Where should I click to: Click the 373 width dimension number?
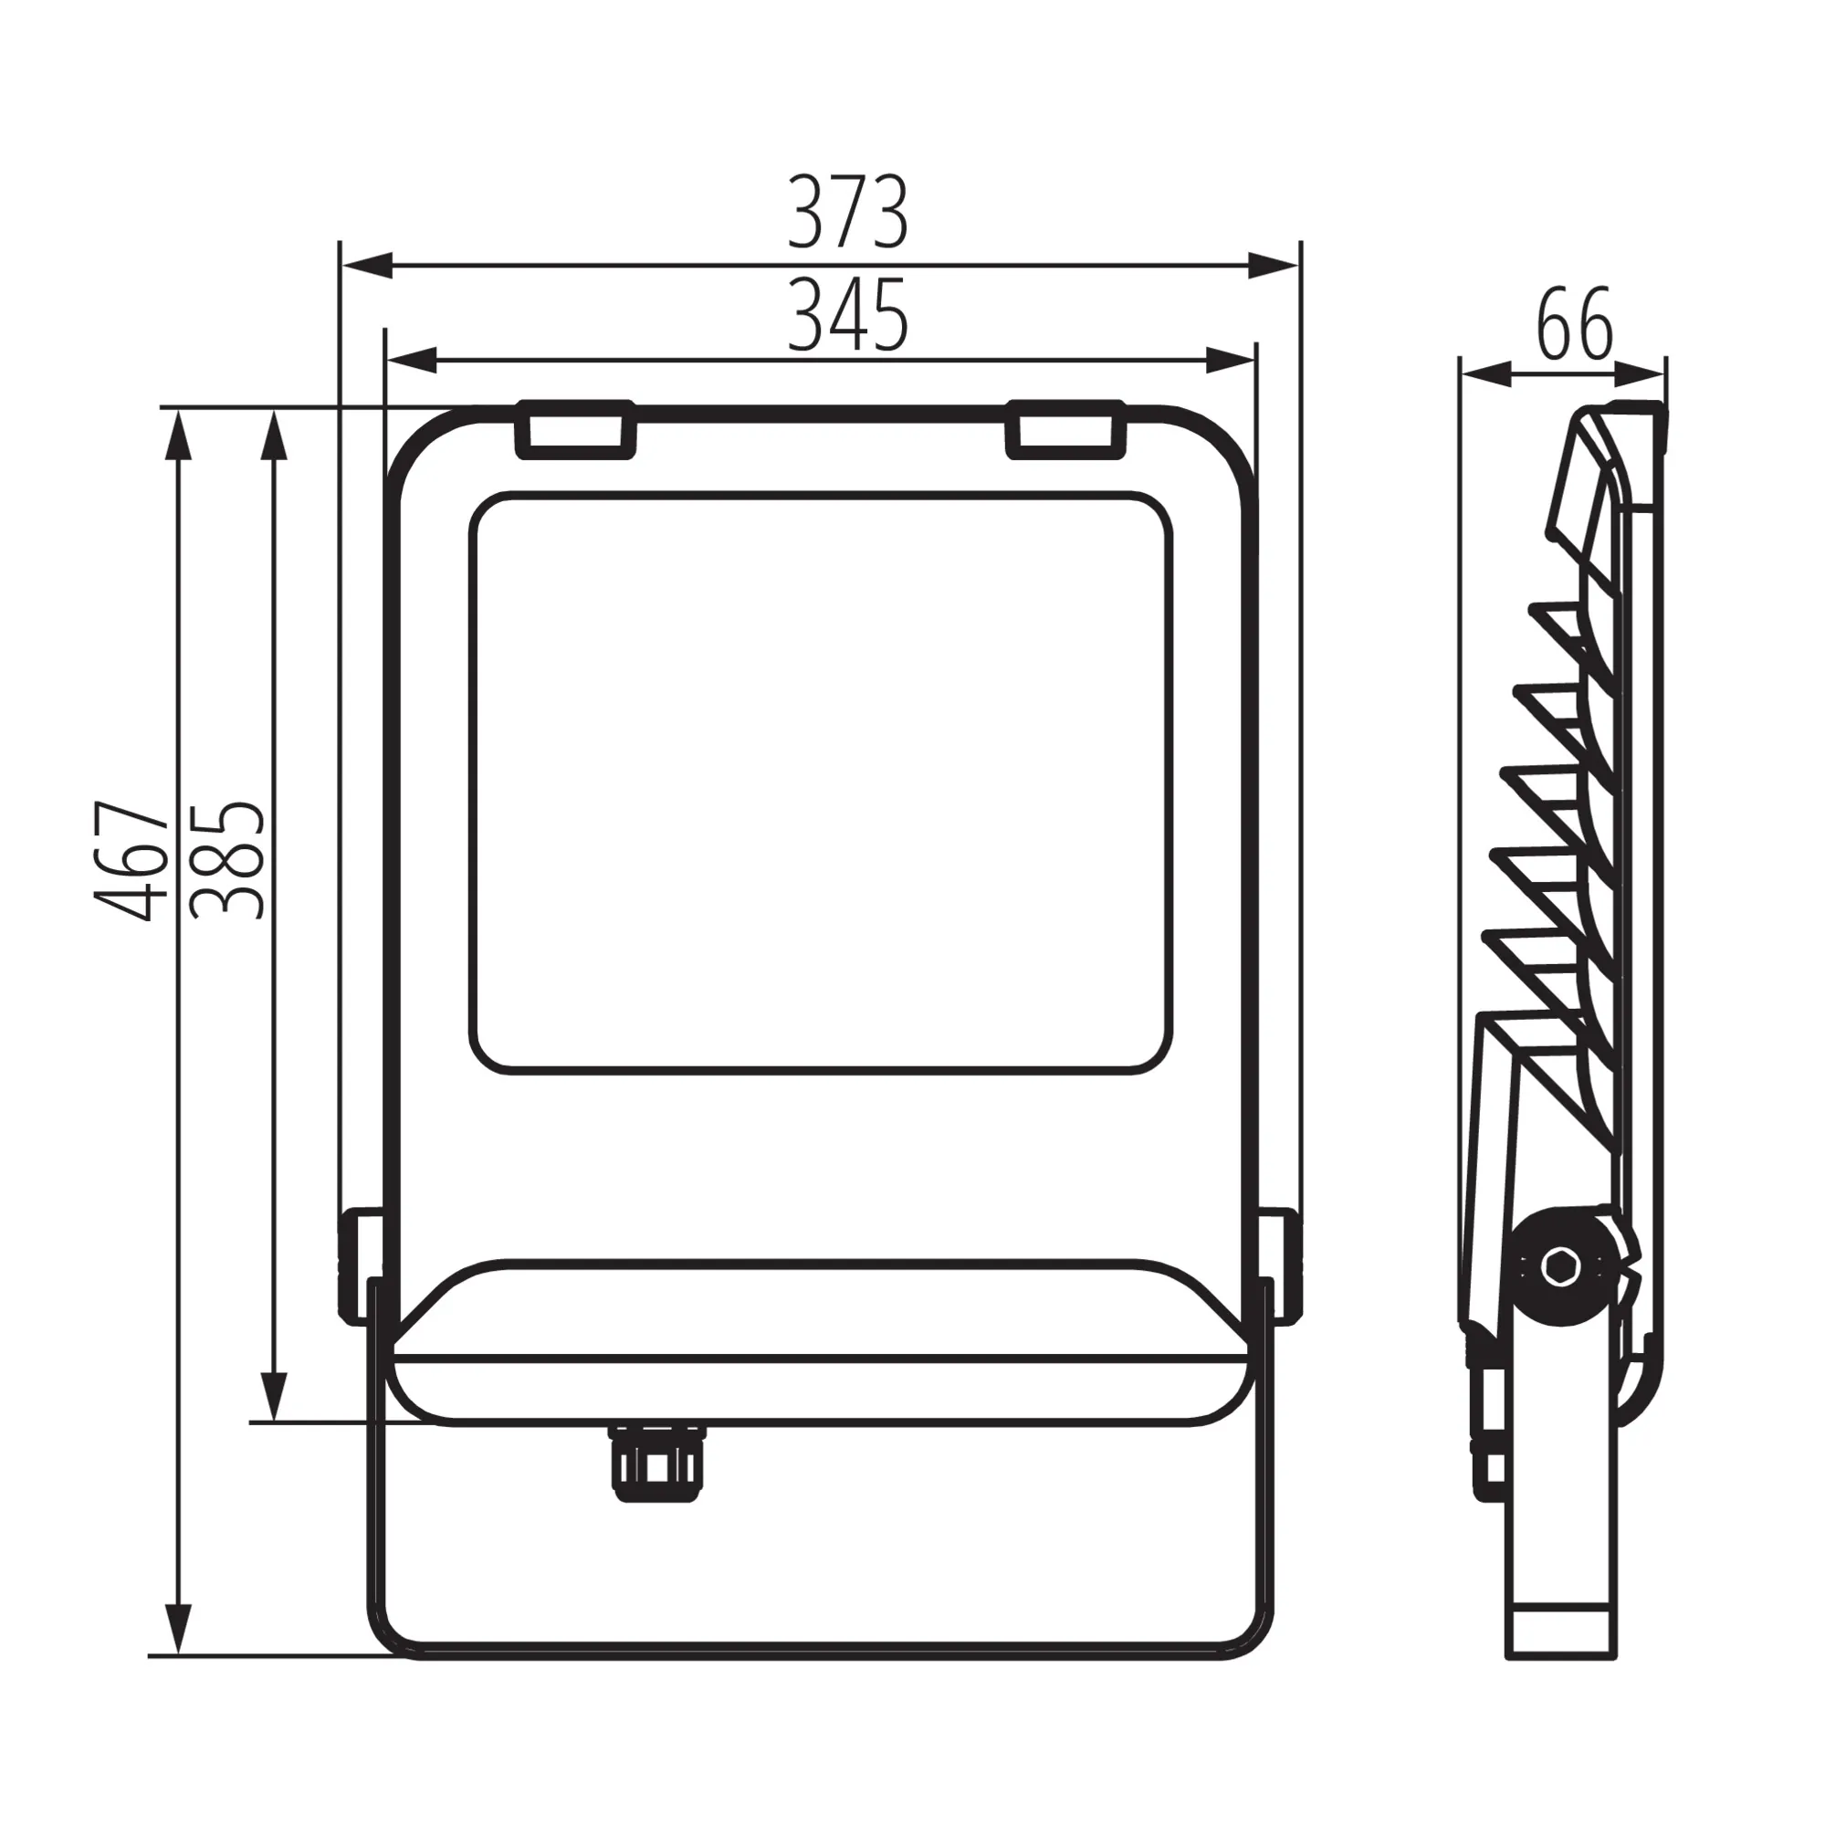(848, 212)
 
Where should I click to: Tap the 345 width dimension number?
(848, 315)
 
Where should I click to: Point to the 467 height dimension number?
(132, 860)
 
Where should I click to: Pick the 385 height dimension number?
(226, 860)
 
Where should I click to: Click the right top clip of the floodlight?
(1066, 429)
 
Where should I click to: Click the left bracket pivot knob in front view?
(361, 1265)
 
